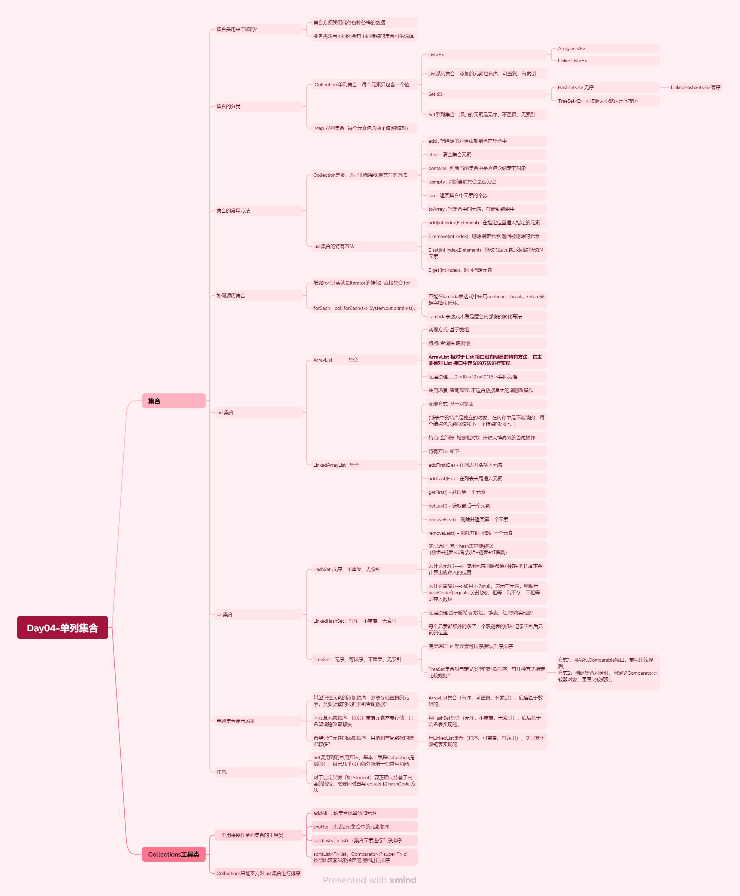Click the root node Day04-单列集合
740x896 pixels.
(62, 628)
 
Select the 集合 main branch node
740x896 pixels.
(173, 401)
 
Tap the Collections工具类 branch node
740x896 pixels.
(173, 854)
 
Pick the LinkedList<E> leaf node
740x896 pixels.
(572, 61)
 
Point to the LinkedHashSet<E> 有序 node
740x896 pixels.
(695, 87)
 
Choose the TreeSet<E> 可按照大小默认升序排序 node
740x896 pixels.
(598, 101)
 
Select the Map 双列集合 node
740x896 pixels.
(361, 128)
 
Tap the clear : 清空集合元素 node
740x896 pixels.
(450, 155)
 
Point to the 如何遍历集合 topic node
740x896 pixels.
(231, 295)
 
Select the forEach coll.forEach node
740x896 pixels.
(364, 308)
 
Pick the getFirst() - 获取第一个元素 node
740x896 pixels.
(457, 492)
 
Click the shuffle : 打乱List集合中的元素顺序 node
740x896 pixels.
(351, 827)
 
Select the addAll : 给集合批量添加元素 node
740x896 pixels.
(344, 813)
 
